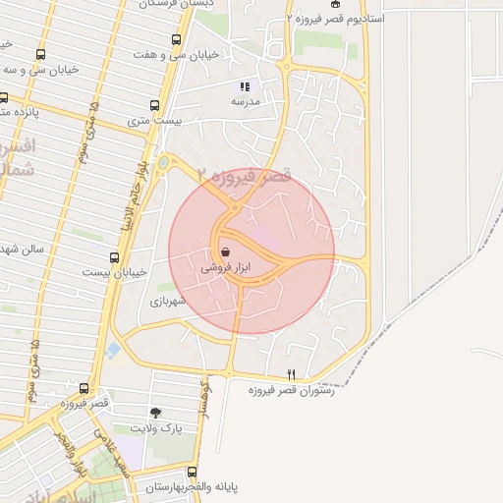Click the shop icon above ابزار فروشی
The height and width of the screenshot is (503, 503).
[x=226, y=251]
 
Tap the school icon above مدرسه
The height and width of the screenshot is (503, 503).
[x=245, y=86]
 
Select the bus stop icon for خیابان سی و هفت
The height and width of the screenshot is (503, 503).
[x=176, y=40]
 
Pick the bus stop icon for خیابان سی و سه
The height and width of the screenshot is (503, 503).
[x=40, y=55]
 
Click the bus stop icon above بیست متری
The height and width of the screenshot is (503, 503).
[x=154, y=105]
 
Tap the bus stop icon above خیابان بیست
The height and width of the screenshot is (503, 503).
[x=115, y=257]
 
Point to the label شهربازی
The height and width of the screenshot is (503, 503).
[x=168, y=303]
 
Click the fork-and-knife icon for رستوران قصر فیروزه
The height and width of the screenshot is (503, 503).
[x=290, y=375]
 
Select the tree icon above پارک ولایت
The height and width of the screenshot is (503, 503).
[x=155, y=414]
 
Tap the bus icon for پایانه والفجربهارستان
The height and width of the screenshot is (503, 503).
[x=192, y=472]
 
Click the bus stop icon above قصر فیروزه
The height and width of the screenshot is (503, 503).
[x=84, y=389]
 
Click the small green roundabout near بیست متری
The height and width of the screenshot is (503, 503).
[x=163, y=162]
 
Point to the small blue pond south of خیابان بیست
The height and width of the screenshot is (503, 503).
[x=114, y=348]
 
